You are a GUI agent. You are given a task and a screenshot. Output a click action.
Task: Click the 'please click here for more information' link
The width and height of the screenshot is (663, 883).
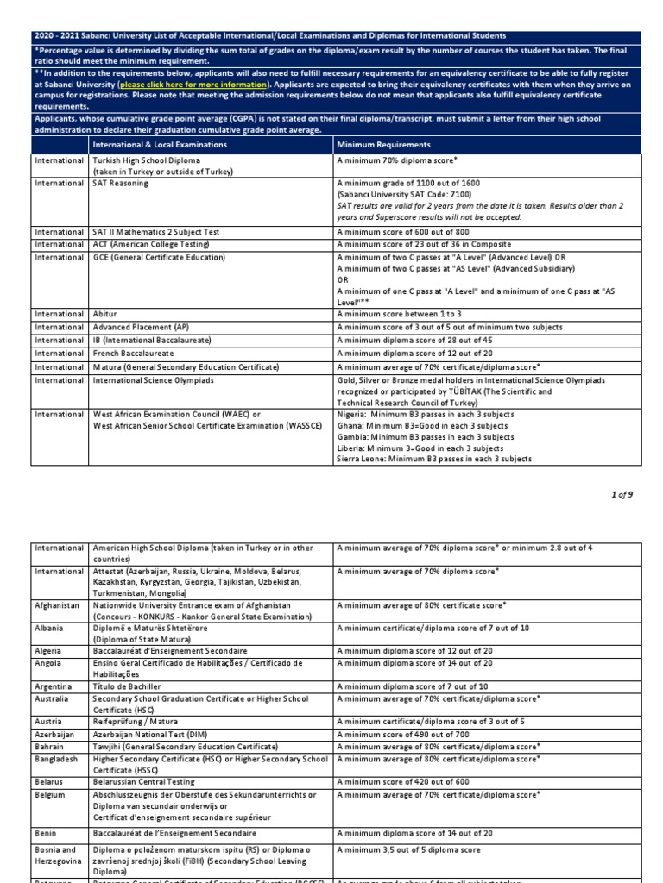[x=194, y=85]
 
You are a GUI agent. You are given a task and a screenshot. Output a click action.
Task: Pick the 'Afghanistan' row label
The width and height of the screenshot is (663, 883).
[x=57, y=605]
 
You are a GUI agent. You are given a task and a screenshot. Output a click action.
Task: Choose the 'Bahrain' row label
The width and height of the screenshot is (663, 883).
[x=49, y=746]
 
